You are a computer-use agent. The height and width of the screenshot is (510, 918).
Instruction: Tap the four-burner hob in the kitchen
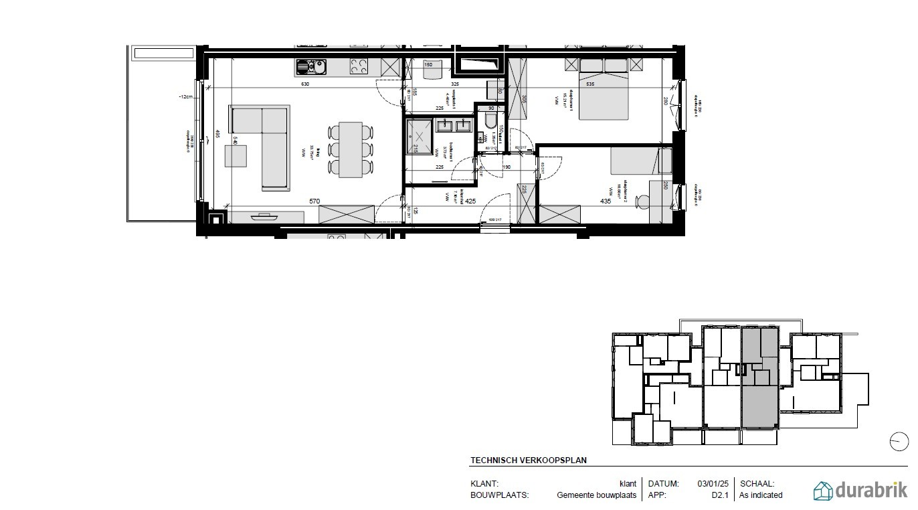point(359,66)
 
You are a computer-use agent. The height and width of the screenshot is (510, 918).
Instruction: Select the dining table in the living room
point(351,149)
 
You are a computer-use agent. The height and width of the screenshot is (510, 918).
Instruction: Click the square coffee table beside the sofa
point(236,156)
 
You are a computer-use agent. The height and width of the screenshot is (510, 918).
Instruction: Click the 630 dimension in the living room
point(305,84)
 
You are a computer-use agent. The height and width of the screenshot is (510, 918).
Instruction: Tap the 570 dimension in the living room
point(313,200)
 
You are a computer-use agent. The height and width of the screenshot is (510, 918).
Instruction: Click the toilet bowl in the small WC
point(490,120)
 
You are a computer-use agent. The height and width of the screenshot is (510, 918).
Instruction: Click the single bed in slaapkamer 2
point(635,161)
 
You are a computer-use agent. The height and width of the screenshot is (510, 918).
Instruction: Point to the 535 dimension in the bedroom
point(590,84)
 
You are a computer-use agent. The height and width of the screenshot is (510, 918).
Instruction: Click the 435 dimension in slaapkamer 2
point(606,200)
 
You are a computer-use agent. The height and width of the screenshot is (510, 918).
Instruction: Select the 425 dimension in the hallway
point(470,200)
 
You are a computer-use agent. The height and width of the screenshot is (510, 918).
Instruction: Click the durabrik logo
point(860,491)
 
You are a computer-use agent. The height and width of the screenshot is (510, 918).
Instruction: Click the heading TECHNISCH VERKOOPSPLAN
point(529,460)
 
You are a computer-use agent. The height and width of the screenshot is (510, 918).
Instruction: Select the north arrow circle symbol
point(899,442)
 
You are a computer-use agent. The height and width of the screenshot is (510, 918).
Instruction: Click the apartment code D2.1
point(720,495)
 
